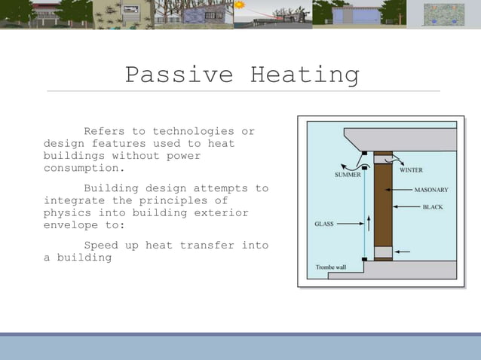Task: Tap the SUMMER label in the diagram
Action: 348,174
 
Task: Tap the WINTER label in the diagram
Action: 411,170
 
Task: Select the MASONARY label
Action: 431,189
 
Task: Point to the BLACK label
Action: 433,206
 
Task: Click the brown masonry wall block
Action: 383,203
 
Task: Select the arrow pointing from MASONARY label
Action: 403,189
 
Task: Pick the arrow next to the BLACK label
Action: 407,206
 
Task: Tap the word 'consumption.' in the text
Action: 84,168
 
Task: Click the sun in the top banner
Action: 240,5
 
